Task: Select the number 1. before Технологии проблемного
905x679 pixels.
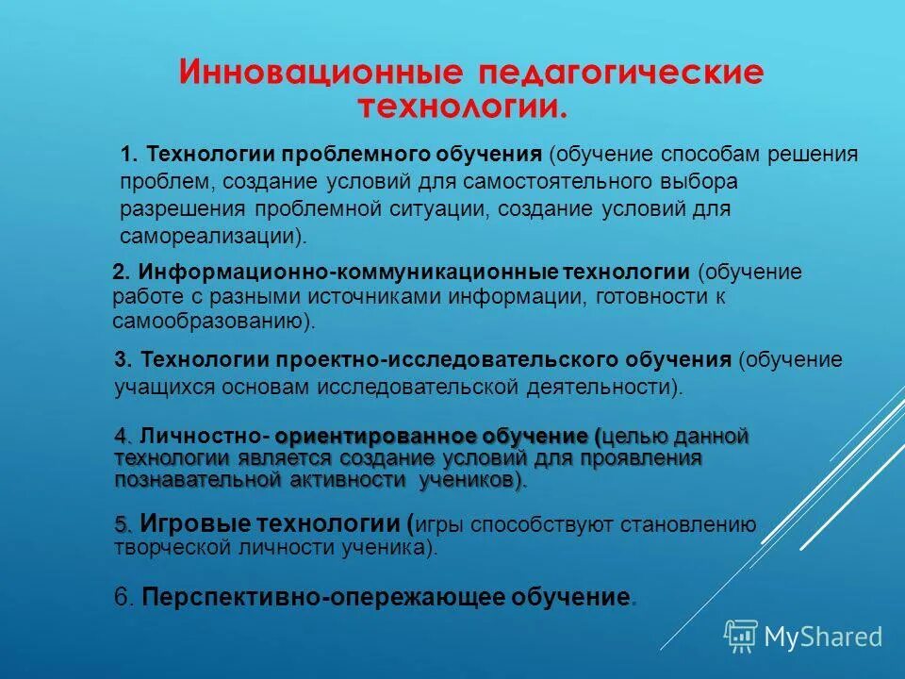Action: (130, 154)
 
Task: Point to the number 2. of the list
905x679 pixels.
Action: (121, 273)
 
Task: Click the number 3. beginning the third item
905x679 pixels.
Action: (123, 359)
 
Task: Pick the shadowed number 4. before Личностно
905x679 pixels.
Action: (123, 436)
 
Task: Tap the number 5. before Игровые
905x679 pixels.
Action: (123, 524)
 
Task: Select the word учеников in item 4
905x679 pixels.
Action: (472, 481)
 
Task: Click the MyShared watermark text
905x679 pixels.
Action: (823, 637)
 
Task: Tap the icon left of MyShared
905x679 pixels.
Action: (740, 637)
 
